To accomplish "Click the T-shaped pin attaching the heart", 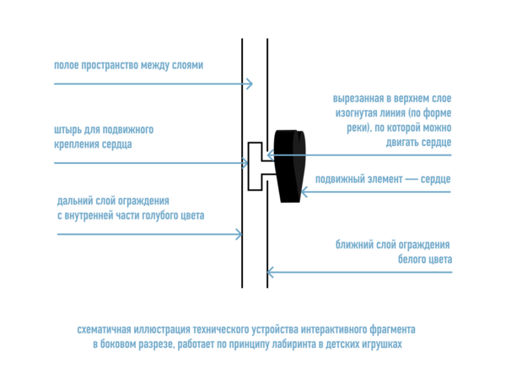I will (x=255, y=165).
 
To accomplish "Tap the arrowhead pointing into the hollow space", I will (x=249, y=84).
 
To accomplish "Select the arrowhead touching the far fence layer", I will (x=240, y=234).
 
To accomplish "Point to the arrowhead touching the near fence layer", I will (x=271, y=272).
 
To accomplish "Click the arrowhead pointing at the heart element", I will (x=304, y=192).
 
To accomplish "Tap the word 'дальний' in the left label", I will (x=77, y=202).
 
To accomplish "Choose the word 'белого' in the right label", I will (x=413, y=259).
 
